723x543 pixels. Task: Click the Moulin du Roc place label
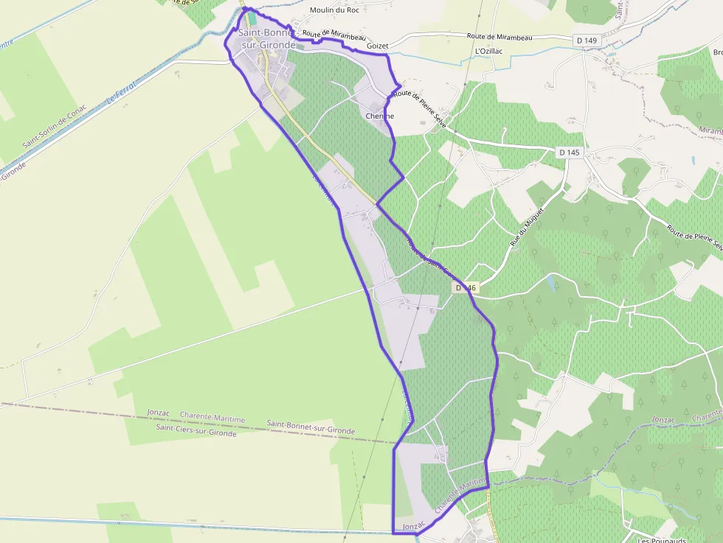tap(334, 10)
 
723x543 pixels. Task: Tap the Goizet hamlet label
tap(377, 46)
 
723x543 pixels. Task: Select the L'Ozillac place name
tap(489, 51)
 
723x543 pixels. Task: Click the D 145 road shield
tap(569, 152)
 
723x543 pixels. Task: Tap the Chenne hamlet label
tap(380, 116)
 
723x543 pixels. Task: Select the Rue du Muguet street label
tap(527, 227)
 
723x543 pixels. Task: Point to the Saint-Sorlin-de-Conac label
tap(55, 126)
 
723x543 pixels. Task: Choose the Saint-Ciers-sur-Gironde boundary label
tap(196, 433)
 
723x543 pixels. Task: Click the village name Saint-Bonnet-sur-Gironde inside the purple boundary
tap(267, 39)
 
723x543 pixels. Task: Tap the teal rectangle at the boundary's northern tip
tap(252, 16)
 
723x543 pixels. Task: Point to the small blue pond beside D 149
tap(612, 54)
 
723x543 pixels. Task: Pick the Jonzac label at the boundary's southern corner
tap(415, 525)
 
